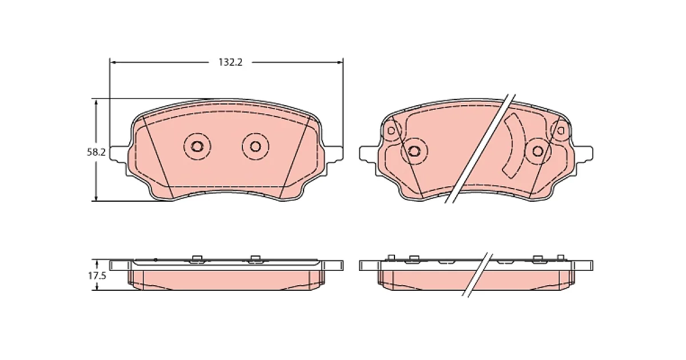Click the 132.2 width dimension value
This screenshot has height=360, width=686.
[x=230, y=62]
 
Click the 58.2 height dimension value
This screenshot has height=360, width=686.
[x=96, y=152]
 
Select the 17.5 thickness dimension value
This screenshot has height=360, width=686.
[x=97, y=276]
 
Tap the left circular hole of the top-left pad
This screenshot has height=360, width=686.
[x=197, y=147]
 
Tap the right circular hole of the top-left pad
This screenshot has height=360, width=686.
[x=255, y=147]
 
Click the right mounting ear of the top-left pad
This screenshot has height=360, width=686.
[x=335, y=153]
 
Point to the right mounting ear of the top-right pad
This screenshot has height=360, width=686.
[x=584, y=153]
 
